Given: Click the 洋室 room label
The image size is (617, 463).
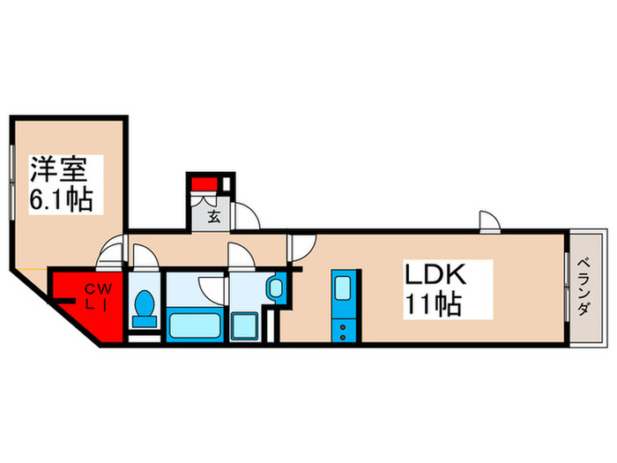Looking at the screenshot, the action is (x=59, y=169).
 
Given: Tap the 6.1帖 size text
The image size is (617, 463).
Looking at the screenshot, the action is (x=62, y=199).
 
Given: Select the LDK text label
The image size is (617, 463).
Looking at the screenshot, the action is (x=435, y=274).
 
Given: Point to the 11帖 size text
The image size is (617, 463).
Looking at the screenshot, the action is (x=433, y=304).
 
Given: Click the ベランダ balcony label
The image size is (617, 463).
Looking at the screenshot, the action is (x=584, y=287).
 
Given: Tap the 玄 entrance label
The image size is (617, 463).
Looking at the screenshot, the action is (x=213, y=217).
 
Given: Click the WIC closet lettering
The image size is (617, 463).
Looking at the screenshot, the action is (x=99, y=298).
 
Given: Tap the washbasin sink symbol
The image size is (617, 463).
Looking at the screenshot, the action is (x=275, y=288).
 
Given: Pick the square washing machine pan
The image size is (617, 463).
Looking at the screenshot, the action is (x=244, y=326).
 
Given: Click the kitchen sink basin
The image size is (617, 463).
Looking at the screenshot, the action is (x=343, y=288).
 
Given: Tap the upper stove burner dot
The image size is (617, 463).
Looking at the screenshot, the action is (x=343, y=326).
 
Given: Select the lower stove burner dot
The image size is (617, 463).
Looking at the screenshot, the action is (x=343, y=337).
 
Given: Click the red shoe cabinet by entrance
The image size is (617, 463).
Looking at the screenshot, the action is (x=204, y=183).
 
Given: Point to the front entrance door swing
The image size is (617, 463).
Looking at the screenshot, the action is (x=246, y=216).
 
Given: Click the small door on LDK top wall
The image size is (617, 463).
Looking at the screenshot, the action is (x=489, y=221).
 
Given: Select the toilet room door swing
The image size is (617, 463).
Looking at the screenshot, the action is (x=146, y=258).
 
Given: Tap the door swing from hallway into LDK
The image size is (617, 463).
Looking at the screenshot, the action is (x=301, y=248).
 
